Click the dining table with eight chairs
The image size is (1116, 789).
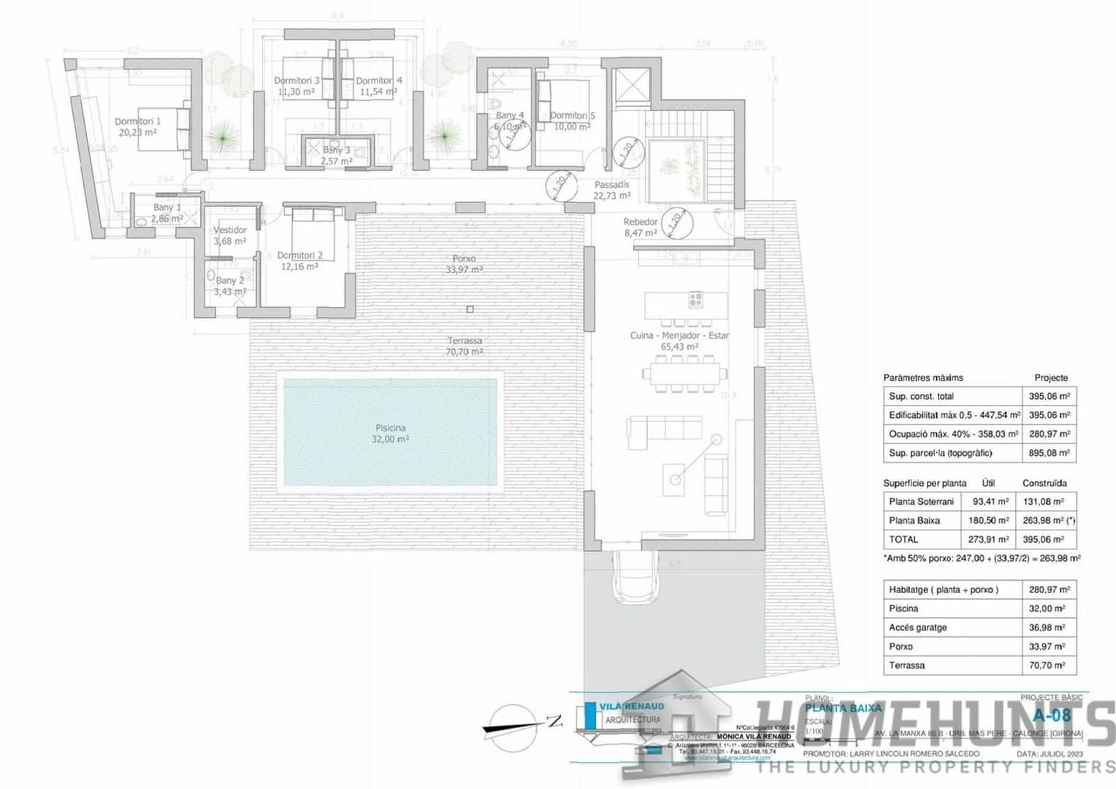coord(684,374)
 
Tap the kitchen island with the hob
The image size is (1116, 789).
coord(686,301)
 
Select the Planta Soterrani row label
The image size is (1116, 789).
coord(921,502)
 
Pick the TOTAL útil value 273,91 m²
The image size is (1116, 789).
coord(990,540)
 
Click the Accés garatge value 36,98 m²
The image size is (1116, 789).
coord(1049,628)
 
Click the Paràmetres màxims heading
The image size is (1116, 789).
coord(922,378)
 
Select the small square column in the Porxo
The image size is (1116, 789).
coord(470,309)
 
